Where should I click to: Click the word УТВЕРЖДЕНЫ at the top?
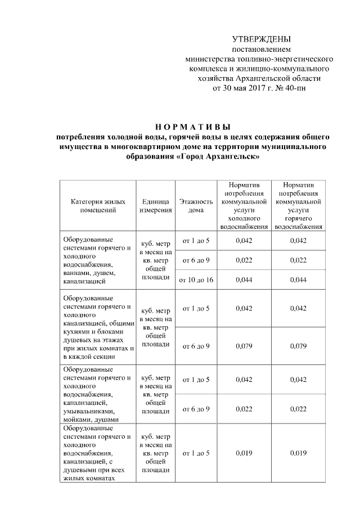(x=262, y=39)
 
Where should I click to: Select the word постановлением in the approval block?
(x=262, y=49)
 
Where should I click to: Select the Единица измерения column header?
(x=155, y=206)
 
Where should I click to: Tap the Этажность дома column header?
(x=195, y=206)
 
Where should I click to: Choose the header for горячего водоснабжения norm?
(x=298, y=206)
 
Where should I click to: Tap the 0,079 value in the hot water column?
(x=298, y=345)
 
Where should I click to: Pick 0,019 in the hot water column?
(x=298, y=453)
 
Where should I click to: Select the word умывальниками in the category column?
(x=86, y=411)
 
